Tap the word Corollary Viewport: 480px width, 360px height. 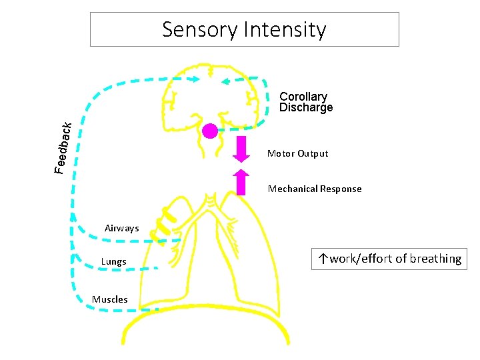[x=303, y=97]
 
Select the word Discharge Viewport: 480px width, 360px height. [x=306, y=108]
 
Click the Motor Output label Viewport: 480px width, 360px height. [x=297, y=154]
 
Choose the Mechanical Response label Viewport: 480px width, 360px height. [x=315, y=189]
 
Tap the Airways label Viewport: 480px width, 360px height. [x=122, y=229]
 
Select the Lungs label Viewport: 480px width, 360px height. [x=113, y=262]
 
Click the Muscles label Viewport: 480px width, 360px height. [x=109, y=299]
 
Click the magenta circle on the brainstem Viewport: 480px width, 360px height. [x=210, y=131]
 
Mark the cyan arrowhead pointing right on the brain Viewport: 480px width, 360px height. [x=193, y=79]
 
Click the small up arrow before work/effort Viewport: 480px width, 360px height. [x=322, y=259]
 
